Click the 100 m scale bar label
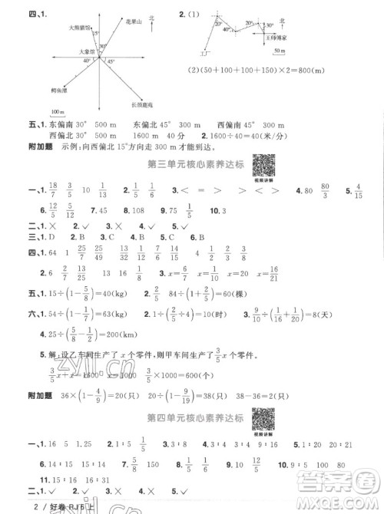tap(56, 112)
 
